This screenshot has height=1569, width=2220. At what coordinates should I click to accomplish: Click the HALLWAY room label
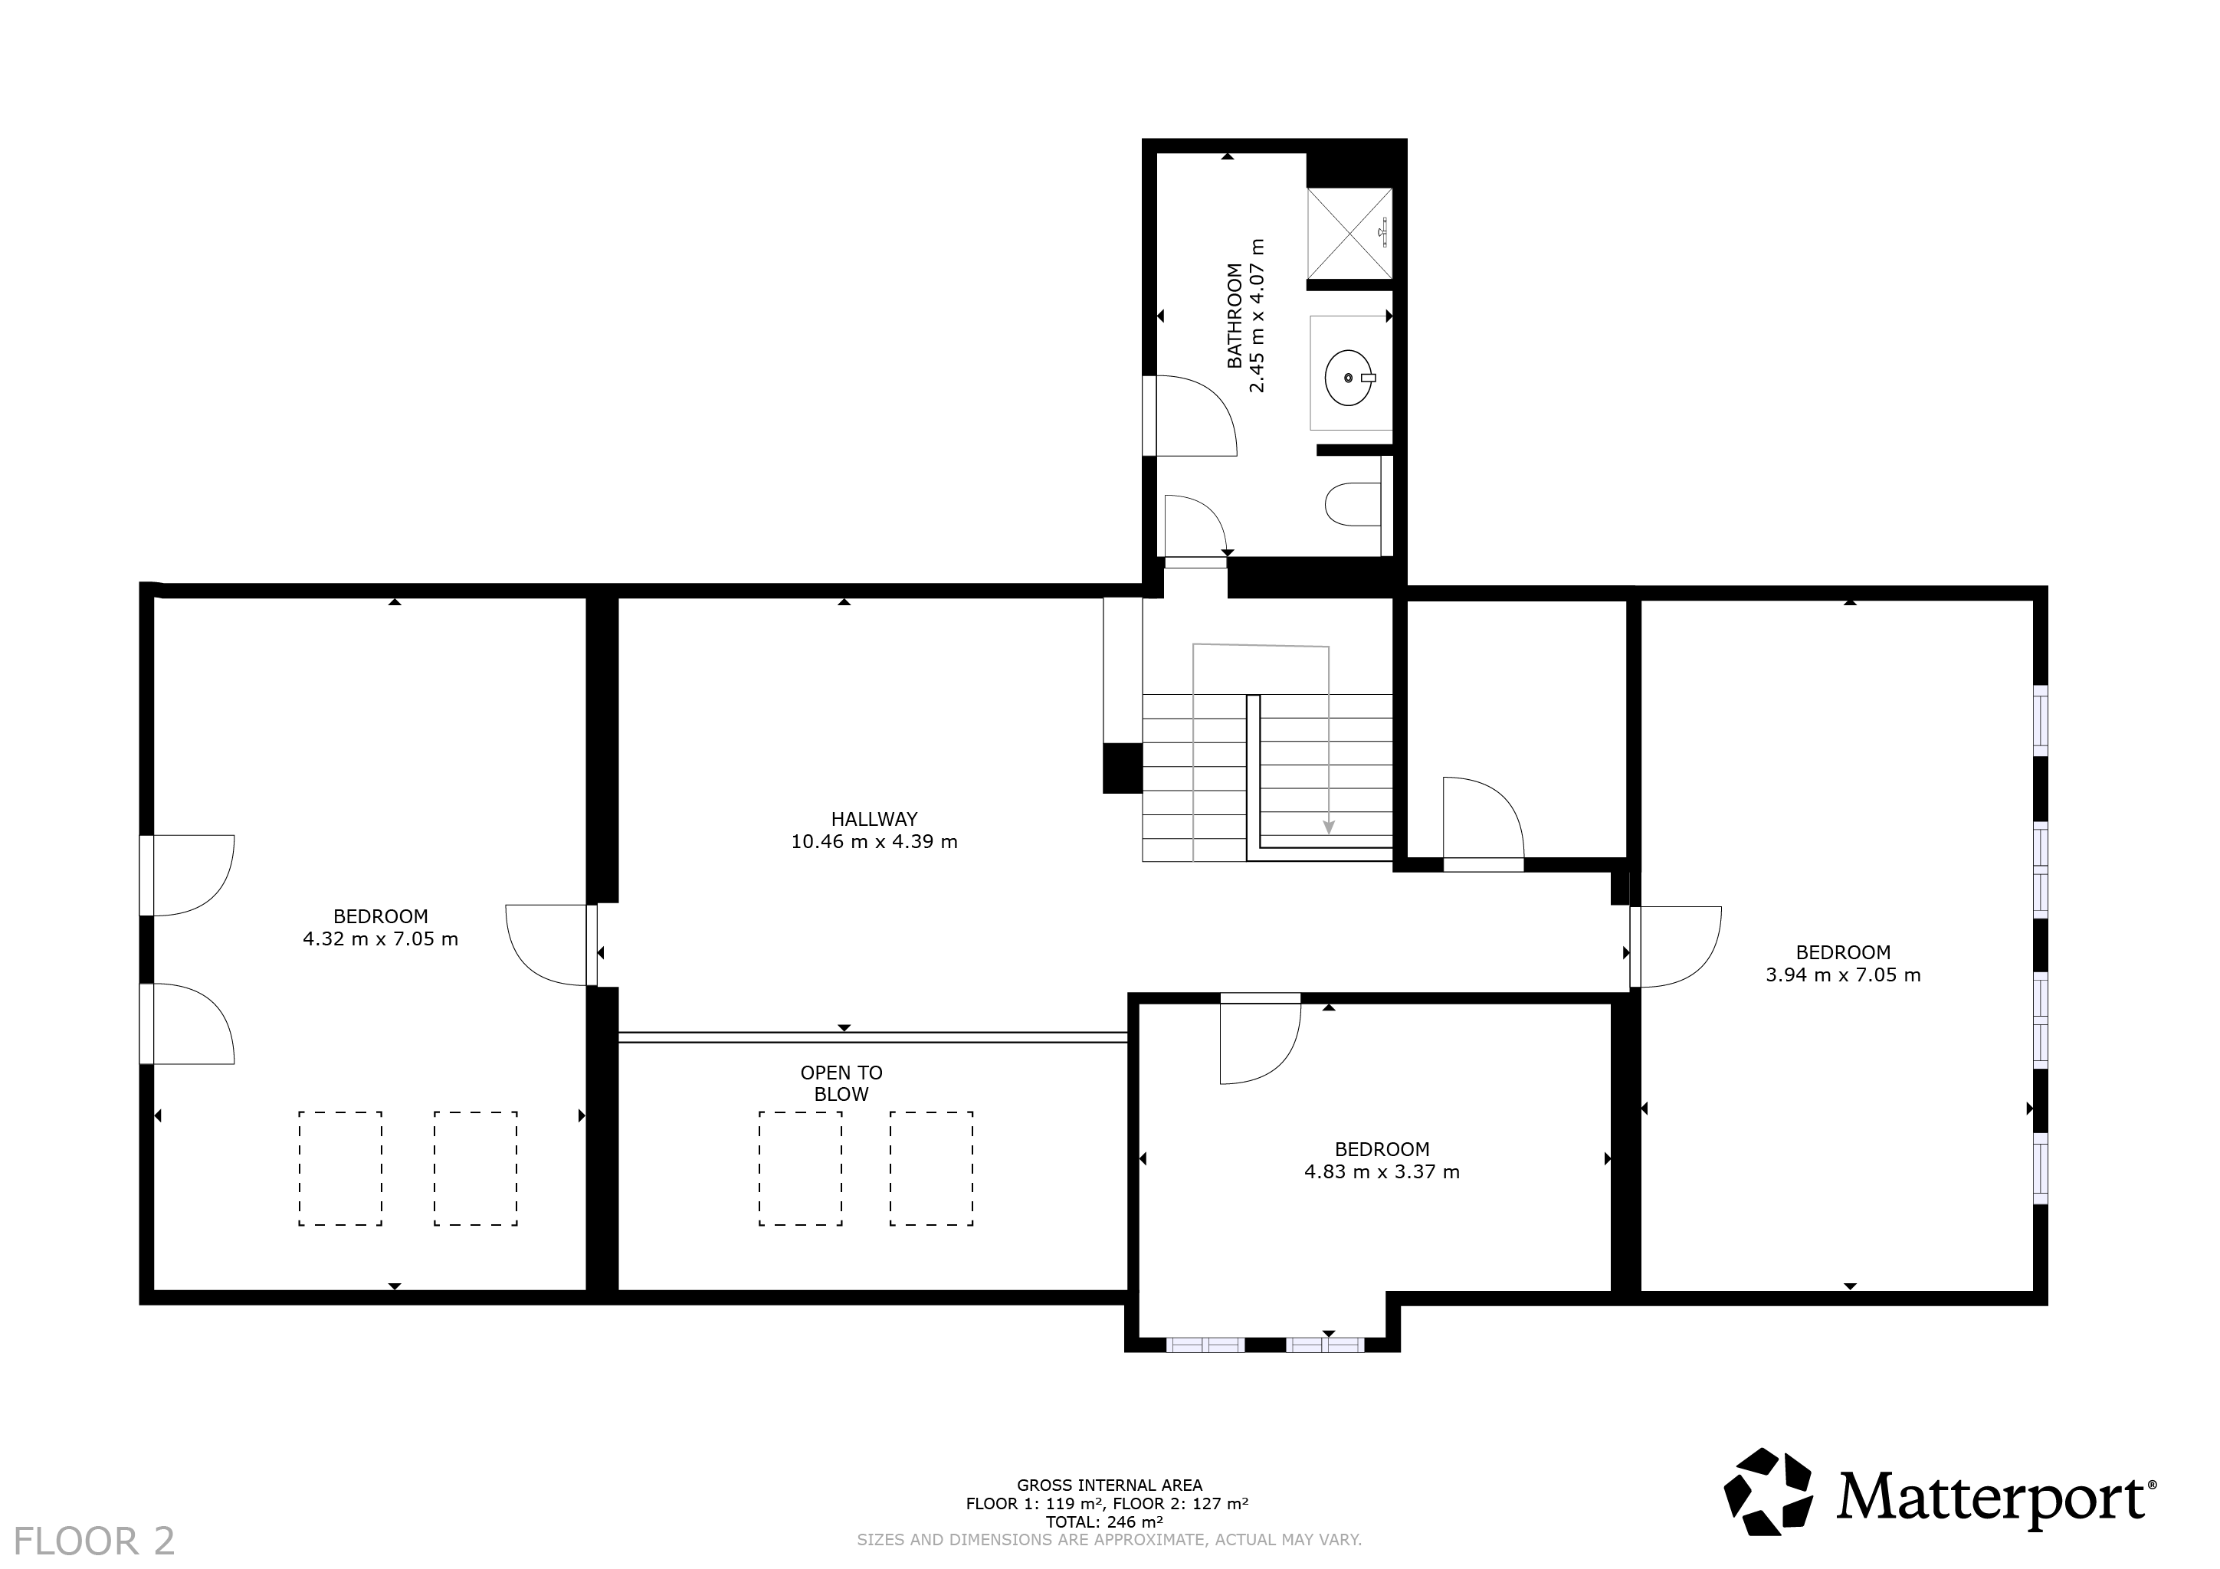pyautogui.click(x=874, y=819)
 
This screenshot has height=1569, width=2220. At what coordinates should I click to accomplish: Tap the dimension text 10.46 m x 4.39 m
pyautogui.click(x=874, y=841)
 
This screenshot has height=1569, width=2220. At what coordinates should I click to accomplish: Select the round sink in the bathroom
pyautogui.click(x=1349, y=378)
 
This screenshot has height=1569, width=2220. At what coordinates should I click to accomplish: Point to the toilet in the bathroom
pyautogui.click(x=1353, y=505)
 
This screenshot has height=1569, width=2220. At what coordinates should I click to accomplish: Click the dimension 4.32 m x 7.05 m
pyautogui.click(x=381, y=938)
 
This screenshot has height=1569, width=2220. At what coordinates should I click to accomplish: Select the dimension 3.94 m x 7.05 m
pyautogui.click(x=1843, y=974)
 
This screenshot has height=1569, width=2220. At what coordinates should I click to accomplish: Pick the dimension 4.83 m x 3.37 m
pyautogui.click(x=1382, y=1171)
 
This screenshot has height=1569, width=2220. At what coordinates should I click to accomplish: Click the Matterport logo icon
pyautogui.click(x=1769, y=1491)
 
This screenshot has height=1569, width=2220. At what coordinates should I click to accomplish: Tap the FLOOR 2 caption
pyautogui.click(x=95, y=1541)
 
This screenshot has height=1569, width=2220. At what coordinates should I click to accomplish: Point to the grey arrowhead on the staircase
pyautogui.click(x=1329, y=827)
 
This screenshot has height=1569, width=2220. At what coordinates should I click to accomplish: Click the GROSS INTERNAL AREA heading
pyautogui.click(x=1109, y=1485)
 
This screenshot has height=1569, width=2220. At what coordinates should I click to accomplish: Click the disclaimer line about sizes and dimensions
pyautogui.click(x=1109, y=1539)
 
